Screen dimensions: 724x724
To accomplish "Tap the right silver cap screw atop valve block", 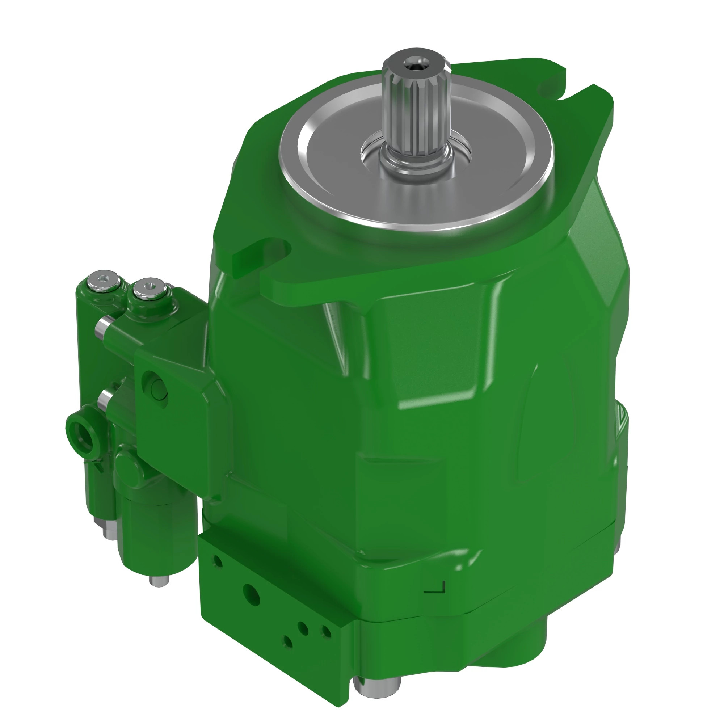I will tap(150, 289).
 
